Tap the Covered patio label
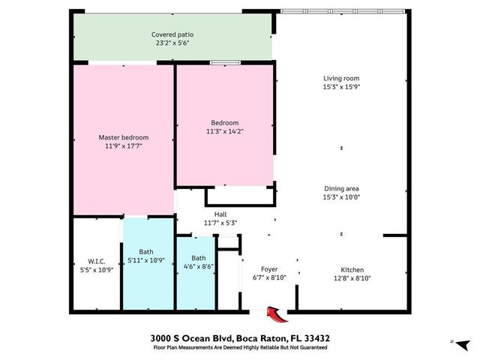click(172, 34)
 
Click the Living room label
click(342, 78)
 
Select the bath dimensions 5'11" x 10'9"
click(148, 261)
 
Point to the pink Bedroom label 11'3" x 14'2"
click(224, 133)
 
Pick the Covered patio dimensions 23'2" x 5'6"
click(172, 44)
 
